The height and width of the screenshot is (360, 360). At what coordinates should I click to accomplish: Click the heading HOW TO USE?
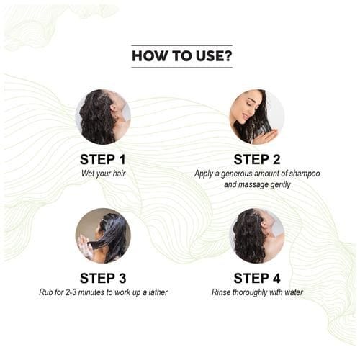point(181,55)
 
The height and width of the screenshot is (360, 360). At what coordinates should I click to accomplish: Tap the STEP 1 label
point(103,159)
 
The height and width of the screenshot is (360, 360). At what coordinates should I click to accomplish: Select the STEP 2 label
point(257,159)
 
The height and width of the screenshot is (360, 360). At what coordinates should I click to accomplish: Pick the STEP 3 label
point(103,278)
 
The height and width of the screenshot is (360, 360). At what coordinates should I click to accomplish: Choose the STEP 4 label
point(257,278)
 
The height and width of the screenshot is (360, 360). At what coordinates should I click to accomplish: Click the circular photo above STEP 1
point(103,117)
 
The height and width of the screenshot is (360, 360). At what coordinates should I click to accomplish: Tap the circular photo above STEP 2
point(257,117)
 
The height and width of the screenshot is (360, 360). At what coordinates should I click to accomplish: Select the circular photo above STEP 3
point(103,235)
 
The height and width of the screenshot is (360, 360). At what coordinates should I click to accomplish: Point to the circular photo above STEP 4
point(257,235)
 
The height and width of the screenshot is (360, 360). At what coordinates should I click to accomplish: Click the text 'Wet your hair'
point(103,174)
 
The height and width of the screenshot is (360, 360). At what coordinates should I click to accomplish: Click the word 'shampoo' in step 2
point(301,174)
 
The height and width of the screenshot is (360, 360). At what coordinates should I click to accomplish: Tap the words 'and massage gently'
point(257,185)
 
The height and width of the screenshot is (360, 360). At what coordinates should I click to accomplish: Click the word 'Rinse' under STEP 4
point(222,292)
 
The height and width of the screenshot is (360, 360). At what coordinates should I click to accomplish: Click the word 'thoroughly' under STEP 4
point(251,292)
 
